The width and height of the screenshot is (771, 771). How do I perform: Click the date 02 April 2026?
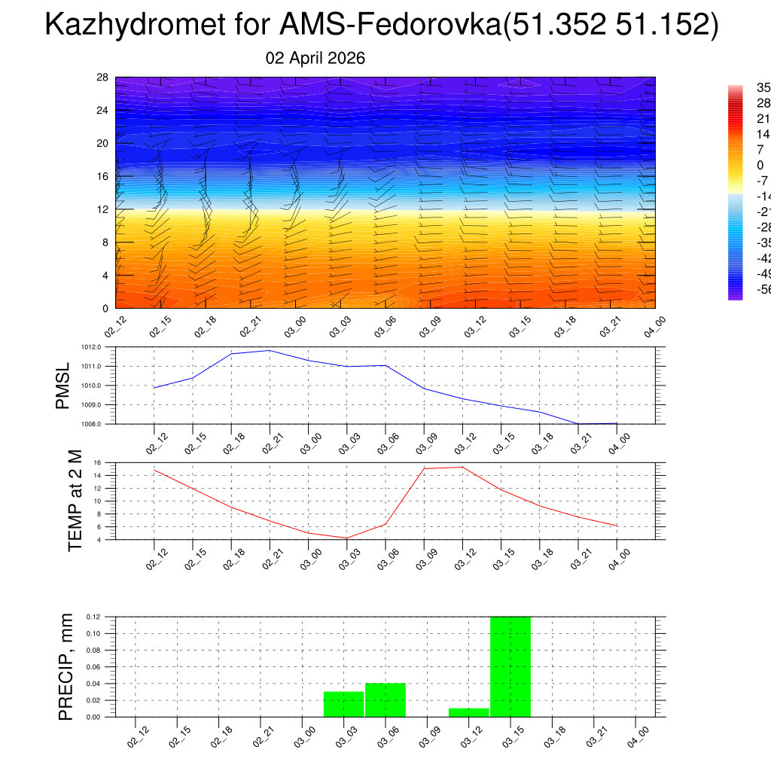coord(315,58)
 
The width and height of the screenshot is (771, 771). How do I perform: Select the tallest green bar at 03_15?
coord(510,666)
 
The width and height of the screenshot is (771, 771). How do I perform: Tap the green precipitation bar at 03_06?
coord(385,699)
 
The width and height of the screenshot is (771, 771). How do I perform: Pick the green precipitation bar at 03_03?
coord(344,704)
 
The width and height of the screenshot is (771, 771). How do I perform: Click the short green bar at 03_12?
coord(468,712)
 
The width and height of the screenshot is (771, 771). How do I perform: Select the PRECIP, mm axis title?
coord(66,666)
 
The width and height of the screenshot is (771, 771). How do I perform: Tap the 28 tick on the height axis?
coord(102,78)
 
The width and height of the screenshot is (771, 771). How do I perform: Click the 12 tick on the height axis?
coord(102,209)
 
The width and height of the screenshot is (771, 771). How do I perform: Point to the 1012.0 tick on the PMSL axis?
coord(101,347)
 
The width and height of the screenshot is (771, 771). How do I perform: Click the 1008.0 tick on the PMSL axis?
coord(101,424)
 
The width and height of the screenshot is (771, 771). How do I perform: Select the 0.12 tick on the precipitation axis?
coord(93,617)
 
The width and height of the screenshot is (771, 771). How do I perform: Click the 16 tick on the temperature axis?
coord(97,462)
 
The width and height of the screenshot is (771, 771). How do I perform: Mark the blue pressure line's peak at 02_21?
coord(270,350)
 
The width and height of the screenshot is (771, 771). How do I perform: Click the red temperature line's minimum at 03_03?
coord(347,538)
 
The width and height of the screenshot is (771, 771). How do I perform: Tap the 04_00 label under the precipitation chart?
coord(638,736)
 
